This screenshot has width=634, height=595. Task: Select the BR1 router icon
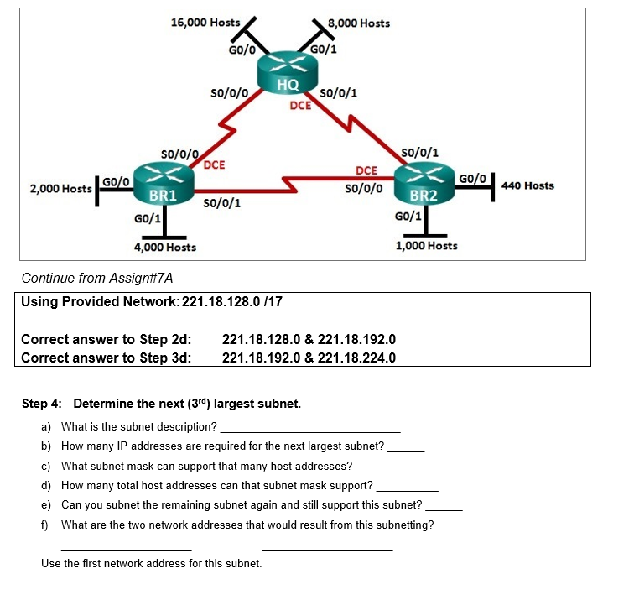[x=162, y=185]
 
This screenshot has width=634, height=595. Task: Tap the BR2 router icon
[x=424, y=185]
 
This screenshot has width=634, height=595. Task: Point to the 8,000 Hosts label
[x=358, y=23]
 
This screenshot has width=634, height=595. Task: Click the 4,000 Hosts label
[x=165, y=247]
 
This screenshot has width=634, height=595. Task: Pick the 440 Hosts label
[x=527, y=185]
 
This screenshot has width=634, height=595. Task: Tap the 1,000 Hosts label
[x=427, y=245]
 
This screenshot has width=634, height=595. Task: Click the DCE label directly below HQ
[x=300, y=106]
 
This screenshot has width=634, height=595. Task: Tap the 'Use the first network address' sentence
[x=151, y=563]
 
